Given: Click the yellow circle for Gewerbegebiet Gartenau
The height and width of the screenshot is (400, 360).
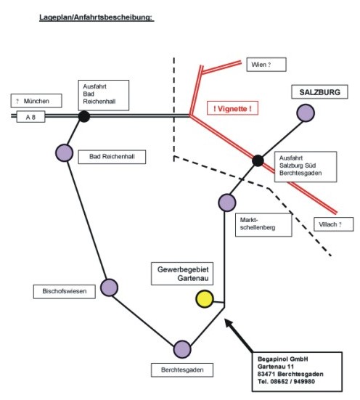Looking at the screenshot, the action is coord(205,298).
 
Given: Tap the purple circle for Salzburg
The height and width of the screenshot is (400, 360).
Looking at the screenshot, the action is coord(306,113).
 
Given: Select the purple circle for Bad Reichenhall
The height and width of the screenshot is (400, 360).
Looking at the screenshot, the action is coord(65,152).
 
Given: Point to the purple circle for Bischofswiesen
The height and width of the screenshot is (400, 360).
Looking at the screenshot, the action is coord(109,287).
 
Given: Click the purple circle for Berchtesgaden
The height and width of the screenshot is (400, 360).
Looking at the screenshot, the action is coord(182,349).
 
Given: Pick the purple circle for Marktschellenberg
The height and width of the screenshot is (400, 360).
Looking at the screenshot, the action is coord(227,203).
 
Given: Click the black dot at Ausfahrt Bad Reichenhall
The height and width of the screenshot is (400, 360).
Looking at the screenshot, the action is coord(84,116).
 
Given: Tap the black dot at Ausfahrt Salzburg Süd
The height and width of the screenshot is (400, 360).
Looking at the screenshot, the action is coord(258,160).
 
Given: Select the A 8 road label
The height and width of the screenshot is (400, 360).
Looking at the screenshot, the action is coord(30,117).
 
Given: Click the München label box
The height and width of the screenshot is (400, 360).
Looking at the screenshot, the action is coord(36,101).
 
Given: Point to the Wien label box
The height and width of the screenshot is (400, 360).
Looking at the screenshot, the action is coord(266,65).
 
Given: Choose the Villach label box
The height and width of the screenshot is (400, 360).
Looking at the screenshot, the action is coord(334,224).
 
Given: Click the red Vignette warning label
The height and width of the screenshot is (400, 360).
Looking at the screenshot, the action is coord(232,108).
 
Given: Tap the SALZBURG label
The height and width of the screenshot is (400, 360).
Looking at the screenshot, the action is coord(319,92).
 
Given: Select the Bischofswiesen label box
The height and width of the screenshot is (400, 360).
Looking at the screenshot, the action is coord(65,291).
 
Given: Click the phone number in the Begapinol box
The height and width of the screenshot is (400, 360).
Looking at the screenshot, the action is coord(286,381).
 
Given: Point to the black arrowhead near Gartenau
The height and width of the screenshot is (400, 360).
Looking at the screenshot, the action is coord(229,324).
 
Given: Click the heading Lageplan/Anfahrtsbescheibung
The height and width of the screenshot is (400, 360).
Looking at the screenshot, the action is coord(97,17).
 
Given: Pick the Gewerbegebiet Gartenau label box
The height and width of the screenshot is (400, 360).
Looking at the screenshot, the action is coord(182,274).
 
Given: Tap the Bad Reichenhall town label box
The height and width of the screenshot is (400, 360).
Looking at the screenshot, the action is coord(112,157).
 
